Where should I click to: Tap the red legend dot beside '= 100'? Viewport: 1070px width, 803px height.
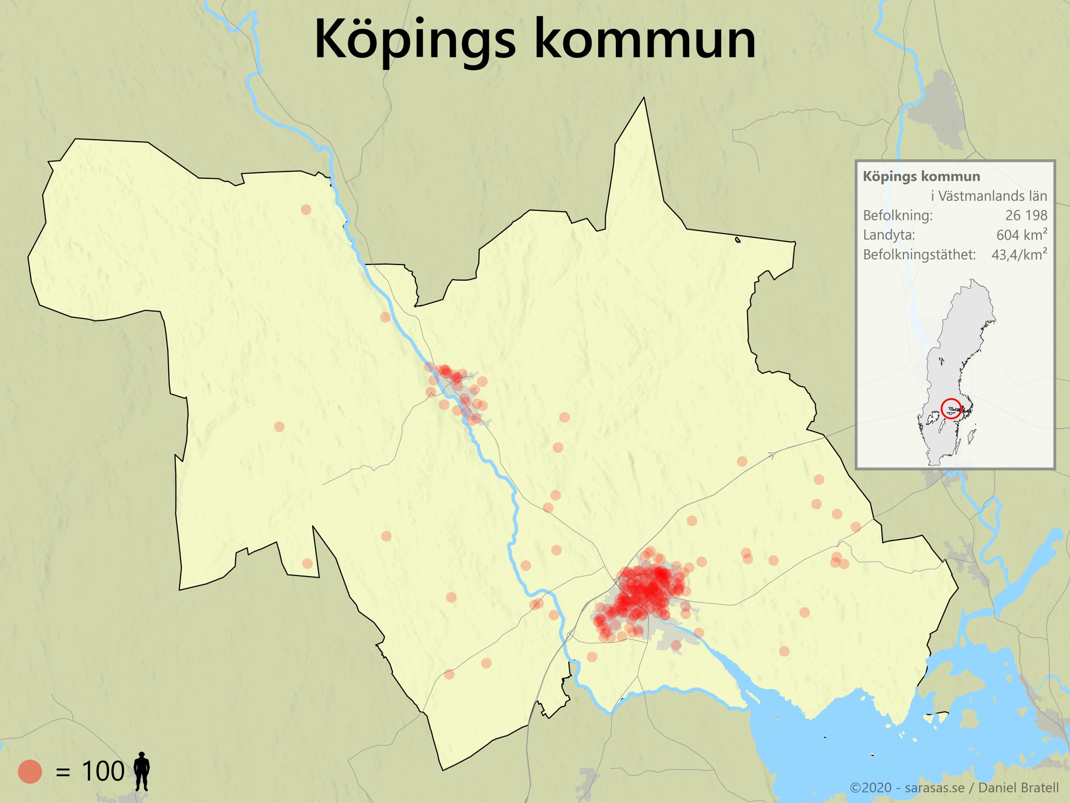[x=30, y=772]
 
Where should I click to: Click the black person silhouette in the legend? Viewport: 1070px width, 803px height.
[x=142, y=771]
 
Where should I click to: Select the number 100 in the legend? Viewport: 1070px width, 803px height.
[x=103, y=772]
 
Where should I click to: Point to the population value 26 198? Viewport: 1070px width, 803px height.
[x=1026, y=215]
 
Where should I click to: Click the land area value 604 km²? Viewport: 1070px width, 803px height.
[x=1021, y=235]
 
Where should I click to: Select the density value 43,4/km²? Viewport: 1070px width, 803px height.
[x=1019, y=255]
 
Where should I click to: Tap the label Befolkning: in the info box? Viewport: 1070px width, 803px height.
[x=898, y=215]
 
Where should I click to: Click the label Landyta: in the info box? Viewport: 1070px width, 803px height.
[x=889, y=235]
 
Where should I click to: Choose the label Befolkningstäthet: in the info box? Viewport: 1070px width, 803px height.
[x=919, y=255]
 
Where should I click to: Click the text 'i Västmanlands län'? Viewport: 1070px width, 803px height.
[x=988, y=196]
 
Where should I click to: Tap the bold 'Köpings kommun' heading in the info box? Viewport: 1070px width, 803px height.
[x=921, y=177]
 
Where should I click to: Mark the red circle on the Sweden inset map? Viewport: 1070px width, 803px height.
[x=951, y=408]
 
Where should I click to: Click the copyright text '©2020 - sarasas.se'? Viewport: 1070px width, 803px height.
[x=906, y=788]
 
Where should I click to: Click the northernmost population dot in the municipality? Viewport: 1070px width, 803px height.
[x=306, y=210]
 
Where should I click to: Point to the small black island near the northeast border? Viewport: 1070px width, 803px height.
[x=738, y=240]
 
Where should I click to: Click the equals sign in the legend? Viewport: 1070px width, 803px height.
[x=63, y=772]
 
